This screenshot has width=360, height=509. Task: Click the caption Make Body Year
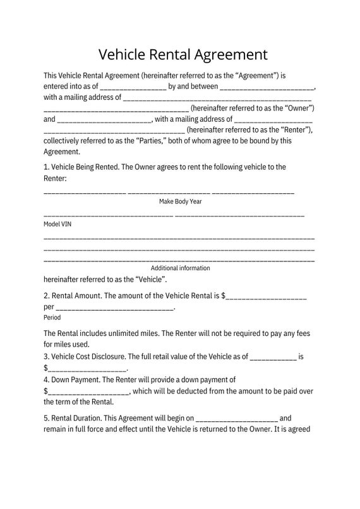pos(180,201)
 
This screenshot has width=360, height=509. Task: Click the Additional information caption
pos(180,268)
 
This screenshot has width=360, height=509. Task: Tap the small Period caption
pos(52,317)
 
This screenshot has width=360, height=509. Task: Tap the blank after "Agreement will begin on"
pos(236,419)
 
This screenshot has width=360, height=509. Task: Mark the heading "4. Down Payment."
pos(71,380)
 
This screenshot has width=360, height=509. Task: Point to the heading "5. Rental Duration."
pos(73,418)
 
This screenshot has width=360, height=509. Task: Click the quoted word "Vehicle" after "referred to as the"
pos(150,278)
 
